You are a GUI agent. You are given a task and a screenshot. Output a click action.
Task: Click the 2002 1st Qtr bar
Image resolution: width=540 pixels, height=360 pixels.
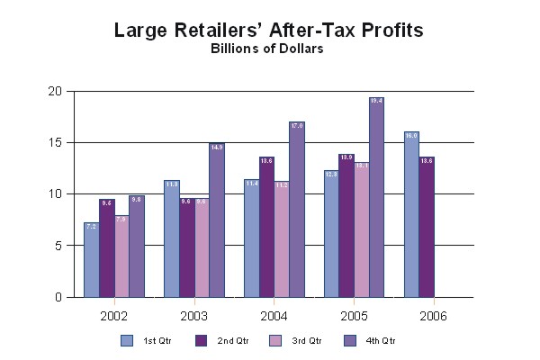click(x=91, y=260)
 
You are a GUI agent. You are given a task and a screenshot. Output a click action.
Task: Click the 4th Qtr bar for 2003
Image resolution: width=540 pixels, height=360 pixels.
click(x=216, y=220)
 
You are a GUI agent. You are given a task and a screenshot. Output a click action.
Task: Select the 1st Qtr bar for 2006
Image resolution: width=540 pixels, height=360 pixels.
click(x=411, y=215)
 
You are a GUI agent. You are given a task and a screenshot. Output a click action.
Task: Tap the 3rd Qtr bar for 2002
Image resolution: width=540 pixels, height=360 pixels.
click(x=121, y=256)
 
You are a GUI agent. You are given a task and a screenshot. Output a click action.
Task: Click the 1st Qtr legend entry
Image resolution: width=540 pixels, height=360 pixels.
click(x=153, y=340)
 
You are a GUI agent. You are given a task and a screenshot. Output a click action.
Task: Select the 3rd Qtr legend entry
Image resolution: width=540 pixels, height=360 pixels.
click(x=297, y=340)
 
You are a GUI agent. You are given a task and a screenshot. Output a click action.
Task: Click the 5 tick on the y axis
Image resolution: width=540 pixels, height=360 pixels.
click(x=58, y=246)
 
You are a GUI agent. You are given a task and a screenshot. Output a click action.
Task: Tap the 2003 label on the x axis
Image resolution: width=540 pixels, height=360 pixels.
click(x=193, y=316)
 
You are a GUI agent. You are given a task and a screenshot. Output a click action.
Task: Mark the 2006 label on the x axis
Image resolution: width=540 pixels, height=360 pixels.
click(x=432, y=316)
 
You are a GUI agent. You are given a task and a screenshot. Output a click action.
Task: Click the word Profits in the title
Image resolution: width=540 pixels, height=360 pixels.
click(x=388, y=31)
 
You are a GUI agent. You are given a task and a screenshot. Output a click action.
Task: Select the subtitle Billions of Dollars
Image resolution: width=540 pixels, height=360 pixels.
click(x=267, y=49)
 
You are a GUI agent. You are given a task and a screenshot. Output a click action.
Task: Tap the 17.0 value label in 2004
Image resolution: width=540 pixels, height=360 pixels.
click(x=296, y=126)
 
